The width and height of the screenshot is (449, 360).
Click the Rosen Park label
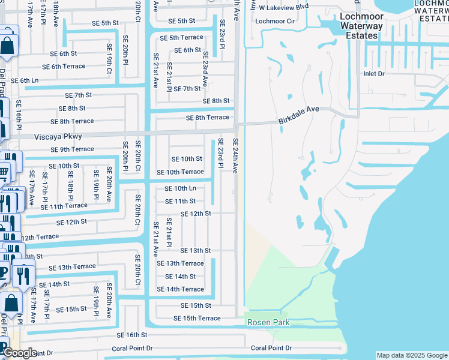click(x=269, y=323)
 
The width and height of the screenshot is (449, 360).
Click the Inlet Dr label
click(x=373, y=73)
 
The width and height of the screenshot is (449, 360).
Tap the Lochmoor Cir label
click(x=275, y=21)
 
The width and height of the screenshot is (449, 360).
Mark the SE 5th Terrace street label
click(x=181, y=38)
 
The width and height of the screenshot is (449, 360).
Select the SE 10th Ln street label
click(x=180, y=188)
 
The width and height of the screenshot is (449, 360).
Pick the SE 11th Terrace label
click(x=64, y=206)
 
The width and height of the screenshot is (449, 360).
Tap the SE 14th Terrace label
click(x=180, y=289)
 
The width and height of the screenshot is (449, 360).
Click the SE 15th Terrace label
click(x=197, y=318)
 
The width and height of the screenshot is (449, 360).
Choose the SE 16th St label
click(x=132, y=335)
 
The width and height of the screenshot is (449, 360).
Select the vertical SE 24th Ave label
click(x=236, y=156)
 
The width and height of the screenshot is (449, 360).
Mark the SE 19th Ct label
click(x=109, y=62)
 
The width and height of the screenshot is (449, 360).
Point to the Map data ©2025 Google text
click(x=411, y=355)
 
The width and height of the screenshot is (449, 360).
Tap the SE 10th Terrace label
click(x=180, y=172)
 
